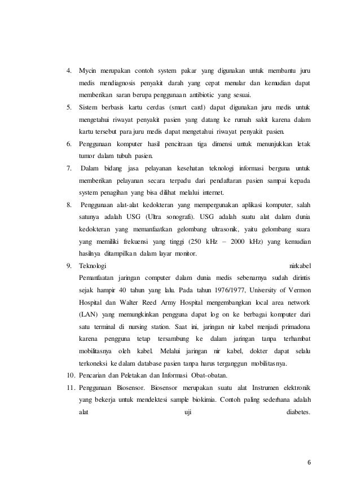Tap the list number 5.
tap(68, 107)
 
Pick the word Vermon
tap(298, 291)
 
